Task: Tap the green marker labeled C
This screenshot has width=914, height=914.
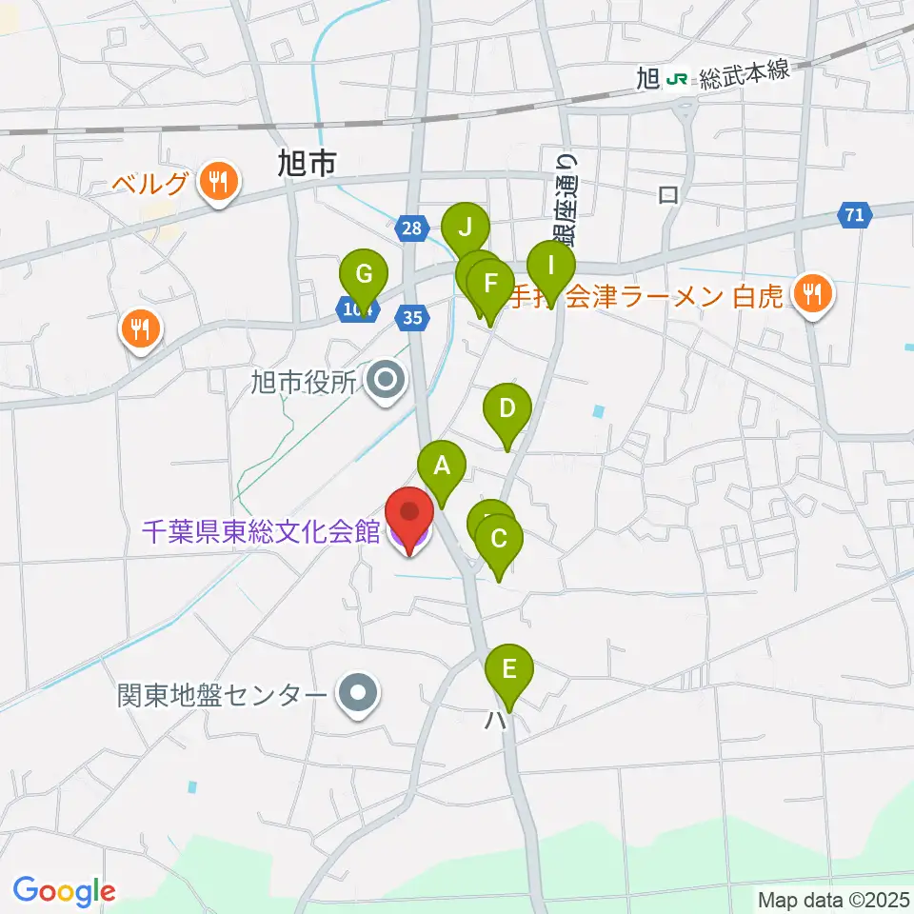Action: click(499, 539)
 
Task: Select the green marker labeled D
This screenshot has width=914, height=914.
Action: click(507, 409)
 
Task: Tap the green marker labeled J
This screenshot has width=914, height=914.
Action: click(466, 228)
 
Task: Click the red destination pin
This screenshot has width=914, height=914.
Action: click(410, 514)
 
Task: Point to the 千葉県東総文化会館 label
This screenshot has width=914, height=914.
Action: click(262, 530)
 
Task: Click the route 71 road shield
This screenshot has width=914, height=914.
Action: click(856, 216)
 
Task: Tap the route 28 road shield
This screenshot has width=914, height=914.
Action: click(409, 228)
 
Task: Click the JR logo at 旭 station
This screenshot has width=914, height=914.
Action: click(679, 79)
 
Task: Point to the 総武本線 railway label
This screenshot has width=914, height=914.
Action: click(744, 79)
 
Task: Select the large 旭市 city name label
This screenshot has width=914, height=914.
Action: click(308, 165)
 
